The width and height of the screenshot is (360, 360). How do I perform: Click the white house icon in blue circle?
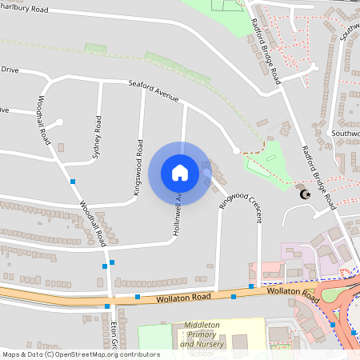coord(180,172)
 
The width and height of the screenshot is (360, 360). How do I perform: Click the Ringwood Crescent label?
coord(242,198)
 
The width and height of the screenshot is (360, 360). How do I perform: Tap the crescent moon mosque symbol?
coord(304,194)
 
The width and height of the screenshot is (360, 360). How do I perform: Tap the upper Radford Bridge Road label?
coord(266,52)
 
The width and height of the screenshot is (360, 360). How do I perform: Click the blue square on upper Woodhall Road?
coord(73,182)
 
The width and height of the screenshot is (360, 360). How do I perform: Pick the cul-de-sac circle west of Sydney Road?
coord(60,122)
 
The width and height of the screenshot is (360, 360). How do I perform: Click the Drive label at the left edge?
coord(9,70)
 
